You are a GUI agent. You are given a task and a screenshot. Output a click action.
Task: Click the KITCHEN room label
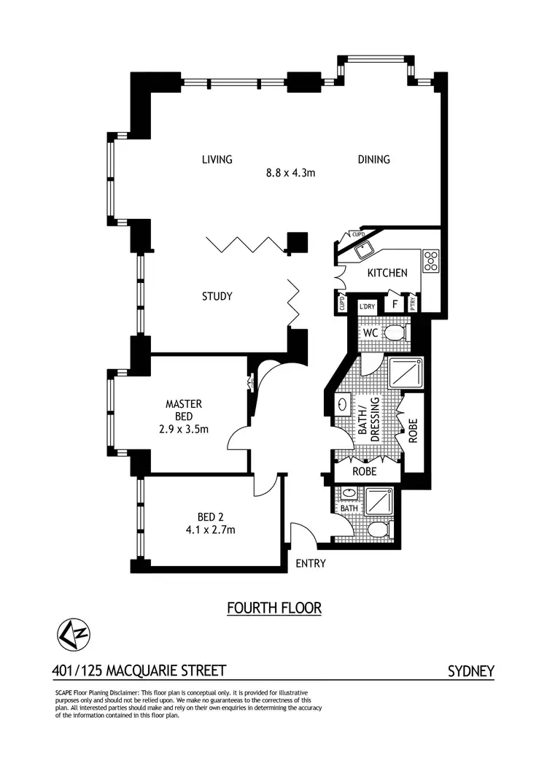(x=387, y=273)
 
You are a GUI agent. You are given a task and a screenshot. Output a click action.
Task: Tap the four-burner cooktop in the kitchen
(x=431, y=260)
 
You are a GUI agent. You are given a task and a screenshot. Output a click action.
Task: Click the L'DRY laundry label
(x=367, y=307)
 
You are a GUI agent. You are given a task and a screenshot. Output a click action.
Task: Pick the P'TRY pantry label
(x=414, y=304)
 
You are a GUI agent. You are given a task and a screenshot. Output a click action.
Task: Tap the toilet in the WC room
(x=393, y=333)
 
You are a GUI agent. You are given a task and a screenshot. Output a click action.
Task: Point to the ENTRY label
(x=310, y=564)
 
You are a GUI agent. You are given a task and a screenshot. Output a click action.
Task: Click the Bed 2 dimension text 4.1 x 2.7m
(x=210, y=530)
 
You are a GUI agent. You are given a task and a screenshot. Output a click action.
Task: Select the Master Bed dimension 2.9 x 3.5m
(x=184, y=430)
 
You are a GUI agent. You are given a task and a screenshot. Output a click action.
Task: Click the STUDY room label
(x=217, y=296)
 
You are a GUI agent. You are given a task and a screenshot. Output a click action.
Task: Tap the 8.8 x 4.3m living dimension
(x=290, y=173)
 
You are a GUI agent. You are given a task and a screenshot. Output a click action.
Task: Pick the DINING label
(x=373, y=160)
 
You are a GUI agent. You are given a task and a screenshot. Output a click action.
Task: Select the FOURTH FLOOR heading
(x=273, y=608)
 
